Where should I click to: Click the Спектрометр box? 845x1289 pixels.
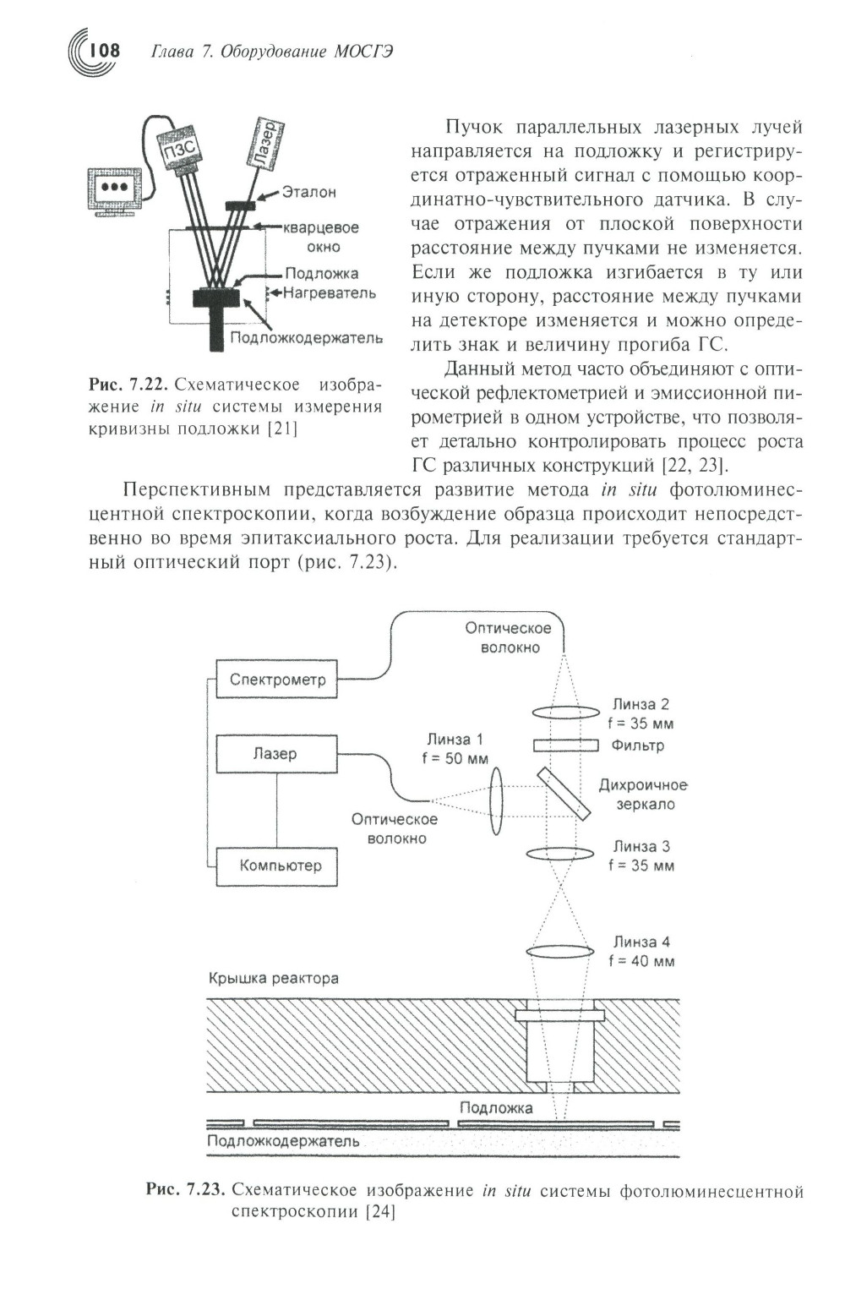click(x=277, y=680)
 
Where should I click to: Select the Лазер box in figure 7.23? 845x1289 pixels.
click(x=276, y=754)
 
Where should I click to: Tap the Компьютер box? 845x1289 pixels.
click(x=277, y=866)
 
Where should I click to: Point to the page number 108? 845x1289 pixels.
click(x=105, y=51)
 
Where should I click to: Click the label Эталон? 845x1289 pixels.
click(x=309, y=193)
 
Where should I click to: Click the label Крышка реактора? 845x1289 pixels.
click(x=274, y=978)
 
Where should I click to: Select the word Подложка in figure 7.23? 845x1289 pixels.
click(x=496, y=1107)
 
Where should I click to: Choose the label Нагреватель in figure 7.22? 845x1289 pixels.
click(x=330, y=293)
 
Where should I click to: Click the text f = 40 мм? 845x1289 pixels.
click(x=641, y=961)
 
